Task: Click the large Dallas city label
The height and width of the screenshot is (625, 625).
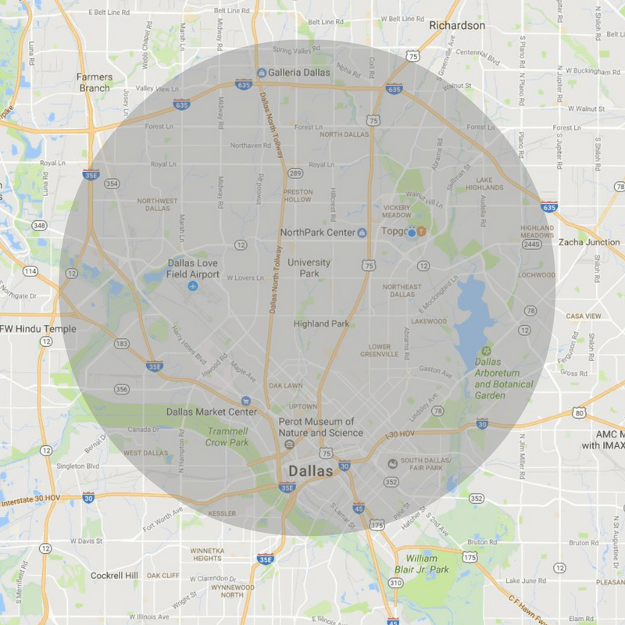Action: tap(311, 471)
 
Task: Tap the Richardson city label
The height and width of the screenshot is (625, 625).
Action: tap(457, 26)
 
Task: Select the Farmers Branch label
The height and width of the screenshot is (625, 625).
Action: tap(95, 82)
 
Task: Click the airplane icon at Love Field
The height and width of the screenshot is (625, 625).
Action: tap(193, 287)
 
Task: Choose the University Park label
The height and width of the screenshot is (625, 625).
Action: tap(309, 268)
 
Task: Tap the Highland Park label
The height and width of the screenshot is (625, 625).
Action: tap(321, 323)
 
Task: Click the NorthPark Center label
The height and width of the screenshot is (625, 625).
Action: tap(317, 233)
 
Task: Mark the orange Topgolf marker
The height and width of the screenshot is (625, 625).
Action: tap(420, 231)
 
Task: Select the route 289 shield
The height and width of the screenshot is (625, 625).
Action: tap(295, 173)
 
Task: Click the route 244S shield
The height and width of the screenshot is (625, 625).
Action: tap(532, 245)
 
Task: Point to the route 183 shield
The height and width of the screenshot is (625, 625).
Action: tap(121, 343)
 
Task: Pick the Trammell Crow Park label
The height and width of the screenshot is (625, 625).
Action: tap(227, 437)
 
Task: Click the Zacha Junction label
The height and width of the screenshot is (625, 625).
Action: tap(588, 242)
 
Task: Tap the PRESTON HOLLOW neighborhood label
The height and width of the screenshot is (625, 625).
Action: tap(298, 196)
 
